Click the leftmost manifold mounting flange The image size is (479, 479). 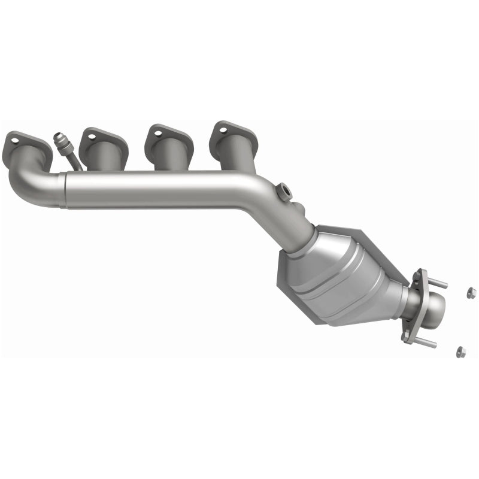click(x=27, y=143)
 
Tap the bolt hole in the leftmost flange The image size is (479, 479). click(x=13, y=142)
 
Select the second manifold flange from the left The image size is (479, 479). click(x=104, y=139)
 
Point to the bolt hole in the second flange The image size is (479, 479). click(x=92, y=137)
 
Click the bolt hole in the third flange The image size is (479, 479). click(x=157, y=134)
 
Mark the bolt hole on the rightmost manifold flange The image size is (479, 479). click(x=222, y=130)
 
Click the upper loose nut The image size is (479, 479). click(x=471, y=293)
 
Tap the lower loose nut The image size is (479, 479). click(x=460, y=351)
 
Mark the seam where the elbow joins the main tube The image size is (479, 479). click(x=63, y=190)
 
